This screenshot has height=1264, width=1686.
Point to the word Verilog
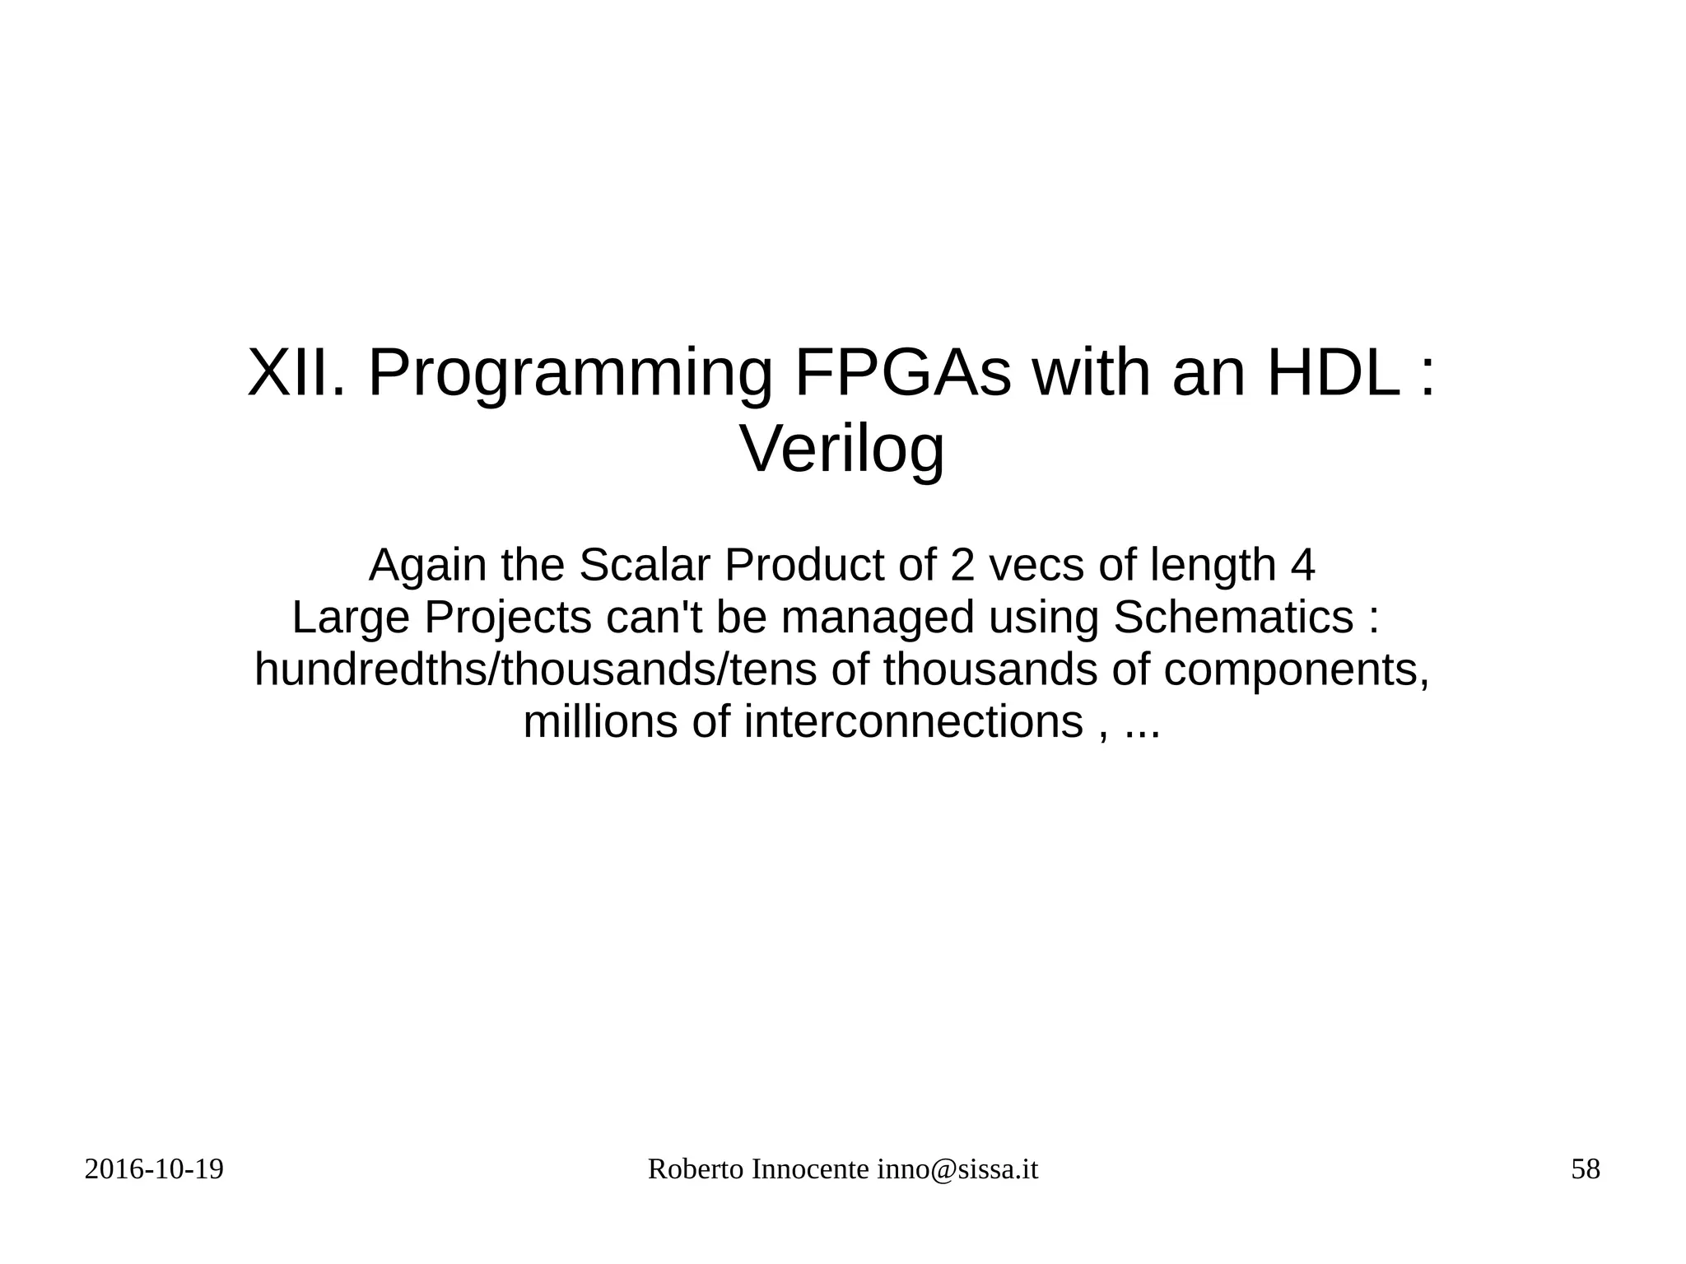click(x=842, y=450)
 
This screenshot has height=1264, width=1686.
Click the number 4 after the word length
click(x=1302, y=565)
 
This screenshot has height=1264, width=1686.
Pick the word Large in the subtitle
click(x=352, y=618)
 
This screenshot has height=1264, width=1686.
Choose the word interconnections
click(x=913, y=722)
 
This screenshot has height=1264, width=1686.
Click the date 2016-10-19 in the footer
click(x=154, y=1169)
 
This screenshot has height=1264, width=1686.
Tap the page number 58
click(x=1585, y=1169)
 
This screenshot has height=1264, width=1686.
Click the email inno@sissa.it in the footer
click(x=957, y=1169)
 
